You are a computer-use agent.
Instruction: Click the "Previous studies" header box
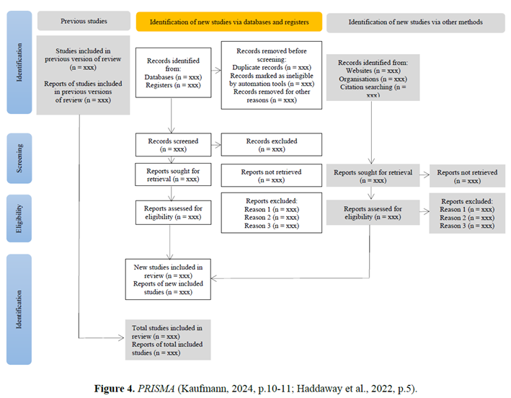tap(84, 21)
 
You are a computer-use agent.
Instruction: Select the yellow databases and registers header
tap(229, 22)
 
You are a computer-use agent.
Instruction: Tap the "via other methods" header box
tap(416, 22)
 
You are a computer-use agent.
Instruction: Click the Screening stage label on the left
tap(19, 159)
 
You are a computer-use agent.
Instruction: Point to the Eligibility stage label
tap(19, 218)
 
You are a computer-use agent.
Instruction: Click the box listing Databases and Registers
tap(174, 73)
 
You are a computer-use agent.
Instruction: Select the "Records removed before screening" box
tap(272, 75)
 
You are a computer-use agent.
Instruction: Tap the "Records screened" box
tap(174, 145)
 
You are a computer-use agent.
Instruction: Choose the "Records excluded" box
tap(272, 144)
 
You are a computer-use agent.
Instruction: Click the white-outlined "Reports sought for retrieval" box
tap(174, 174)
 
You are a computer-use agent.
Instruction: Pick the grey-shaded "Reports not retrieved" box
tap(467, 176)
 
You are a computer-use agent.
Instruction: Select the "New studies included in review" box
tap(168, 279)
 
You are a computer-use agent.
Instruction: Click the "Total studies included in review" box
tap(168, 340)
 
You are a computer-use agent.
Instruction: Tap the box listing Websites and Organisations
tap(373, 78)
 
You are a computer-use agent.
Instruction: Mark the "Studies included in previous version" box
tap(83, 75)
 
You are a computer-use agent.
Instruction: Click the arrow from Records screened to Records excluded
tap(216, 145)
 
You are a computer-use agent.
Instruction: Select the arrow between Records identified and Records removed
tap(216, 70)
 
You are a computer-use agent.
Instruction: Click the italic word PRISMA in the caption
tap(156, 389)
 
